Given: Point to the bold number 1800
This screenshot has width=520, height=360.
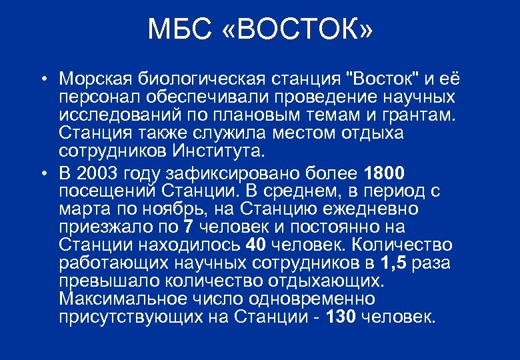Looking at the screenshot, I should (385, 174).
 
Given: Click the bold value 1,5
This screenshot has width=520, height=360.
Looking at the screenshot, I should (395, 263).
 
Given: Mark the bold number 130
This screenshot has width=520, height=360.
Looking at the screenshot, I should (341, 315).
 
